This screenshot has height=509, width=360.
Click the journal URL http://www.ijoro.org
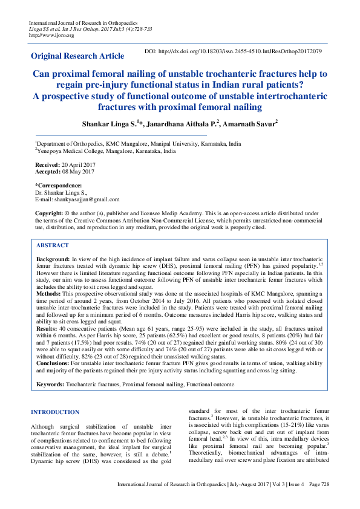51,36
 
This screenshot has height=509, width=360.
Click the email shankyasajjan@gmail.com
88,199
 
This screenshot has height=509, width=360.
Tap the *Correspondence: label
59,185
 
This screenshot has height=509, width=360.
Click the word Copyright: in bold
49,213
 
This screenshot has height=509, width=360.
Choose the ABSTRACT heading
53,245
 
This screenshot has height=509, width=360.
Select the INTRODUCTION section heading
54,412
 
